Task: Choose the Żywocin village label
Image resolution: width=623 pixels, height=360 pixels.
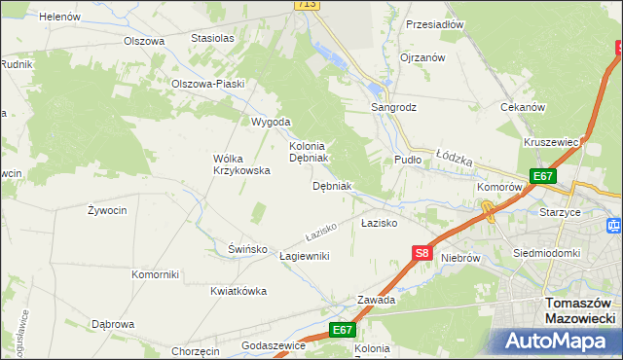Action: [106, 209]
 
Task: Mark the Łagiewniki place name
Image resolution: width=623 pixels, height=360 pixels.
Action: [304, 255]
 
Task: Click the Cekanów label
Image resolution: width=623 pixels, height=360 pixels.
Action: [522, 107]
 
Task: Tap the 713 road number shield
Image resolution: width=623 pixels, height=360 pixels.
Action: [307, 5]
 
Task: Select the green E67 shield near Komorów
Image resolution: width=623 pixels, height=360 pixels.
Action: [542, 176]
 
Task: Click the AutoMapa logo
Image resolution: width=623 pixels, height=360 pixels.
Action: [562, 341]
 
